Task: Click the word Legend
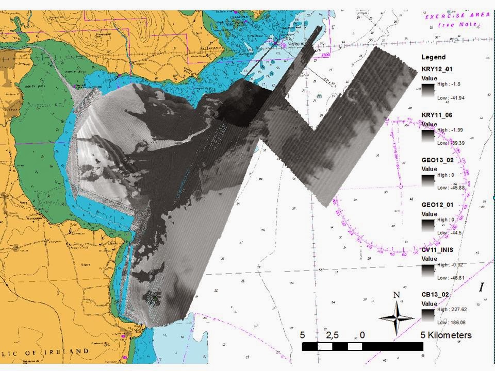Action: [x=433, y=57]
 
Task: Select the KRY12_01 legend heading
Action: [x=438, y=69]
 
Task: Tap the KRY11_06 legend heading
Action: [x=438, y=115]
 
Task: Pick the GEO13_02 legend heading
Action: [x=438, y=160]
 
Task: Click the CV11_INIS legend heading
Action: [x=439, y=250]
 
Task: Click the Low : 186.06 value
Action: [x=451, y=323]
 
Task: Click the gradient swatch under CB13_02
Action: [x=428, y=315]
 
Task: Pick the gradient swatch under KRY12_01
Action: [x=428, y=91]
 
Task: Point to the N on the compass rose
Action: [x=397, y=295]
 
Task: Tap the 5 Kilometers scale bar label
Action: [x=445, y=335]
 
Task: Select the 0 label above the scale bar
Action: [x=362, y=335]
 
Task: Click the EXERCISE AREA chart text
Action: [x=457, y=16]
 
